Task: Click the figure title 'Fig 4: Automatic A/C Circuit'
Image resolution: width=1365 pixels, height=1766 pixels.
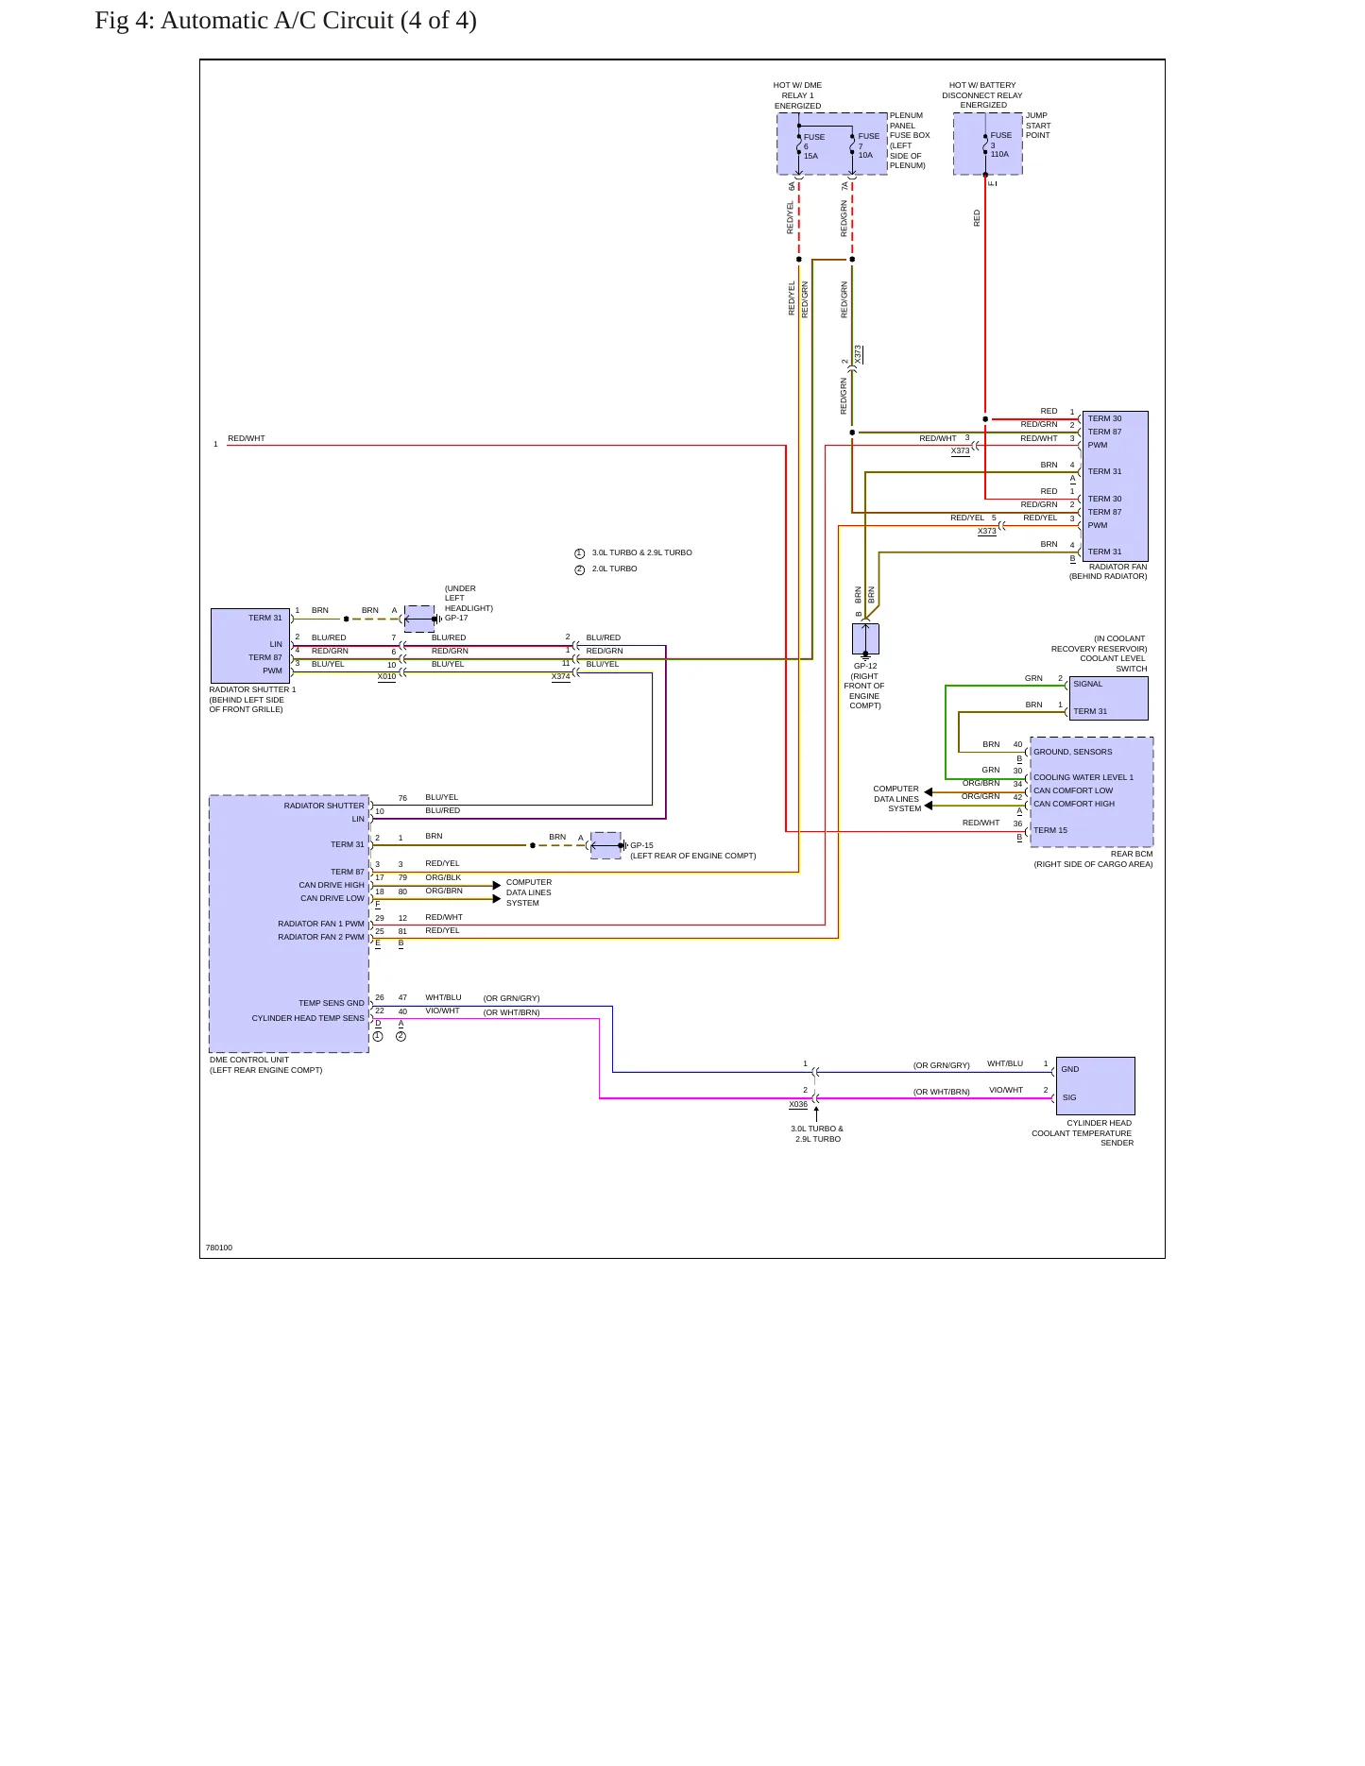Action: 244,21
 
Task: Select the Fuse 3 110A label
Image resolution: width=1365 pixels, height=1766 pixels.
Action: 1000,144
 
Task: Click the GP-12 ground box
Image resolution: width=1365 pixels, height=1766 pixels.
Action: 865,639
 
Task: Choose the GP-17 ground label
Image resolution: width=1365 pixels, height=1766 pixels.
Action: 456,619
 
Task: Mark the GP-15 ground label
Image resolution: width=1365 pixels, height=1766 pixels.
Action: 641,846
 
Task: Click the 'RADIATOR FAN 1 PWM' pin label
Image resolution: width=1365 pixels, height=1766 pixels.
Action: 320,925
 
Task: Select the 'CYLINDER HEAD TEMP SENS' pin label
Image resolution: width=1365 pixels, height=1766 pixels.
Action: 307,1019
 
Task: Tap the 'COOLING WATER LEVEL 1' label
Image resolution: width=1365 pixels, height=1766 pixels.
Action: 1083,778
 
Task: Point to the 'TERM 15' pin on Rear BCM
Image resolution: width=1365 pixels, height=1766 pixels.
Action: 1050,831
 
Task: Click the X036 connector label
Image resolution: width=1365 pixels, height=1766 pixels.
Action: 798,1104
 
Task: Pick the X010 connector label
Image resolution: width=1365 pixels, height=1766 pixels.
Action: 386,677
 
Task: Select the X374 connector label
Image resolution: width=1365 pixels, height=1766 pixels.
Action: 561,677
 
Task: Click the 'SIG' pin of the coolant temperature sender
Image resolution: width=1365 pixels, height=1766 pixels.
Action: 1069,1098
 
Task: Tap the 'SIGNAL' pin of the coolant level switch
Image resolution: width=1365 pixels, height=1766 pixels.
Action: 1087,685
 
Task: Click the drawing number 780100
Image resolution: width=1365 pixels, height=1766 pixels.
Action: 219,1248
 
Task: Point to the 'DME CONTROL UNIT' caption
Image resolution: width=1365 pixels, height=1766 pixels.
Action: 249,1061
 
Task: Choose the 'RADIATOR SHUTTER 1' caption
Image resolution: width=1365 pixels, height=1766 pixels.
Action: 252,690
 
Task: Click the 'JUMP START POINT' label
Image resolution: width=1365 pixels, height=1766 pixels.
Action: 1038,126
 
